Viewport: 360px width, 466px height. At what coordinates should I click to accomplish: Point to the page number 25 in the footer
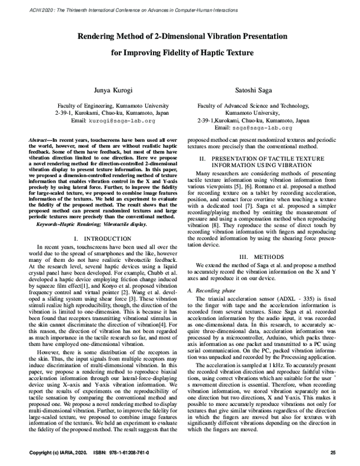(341, 452)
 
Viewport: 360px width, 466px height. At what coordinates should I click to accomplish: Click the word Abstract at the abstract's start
(40, 139)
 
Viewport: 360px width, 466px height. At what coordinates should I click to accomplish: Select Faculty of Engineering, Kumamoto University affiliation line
(96, 104)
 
